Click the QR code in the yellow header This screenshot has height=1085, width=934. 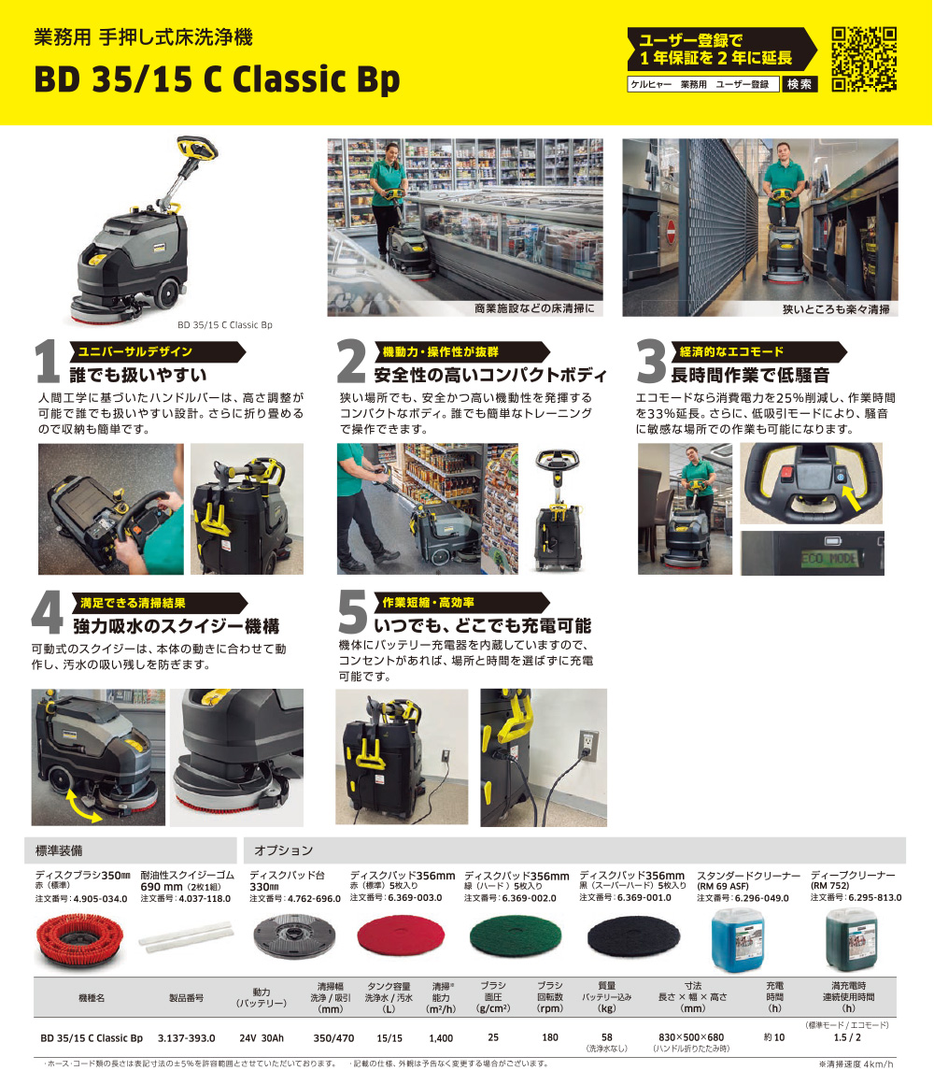[x=864, y=59]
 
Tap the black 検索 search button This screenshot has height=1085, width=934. [x=800, y=84]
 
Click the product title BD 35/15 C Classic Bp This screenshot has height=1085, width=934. [x=217, y=79]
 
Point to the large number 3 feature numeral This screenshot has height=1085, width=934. [x=651, y=362]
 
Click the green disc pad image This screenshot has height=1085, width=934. [x=515, y=937]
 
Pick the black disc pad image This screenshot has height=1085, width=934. [x=633, y=937]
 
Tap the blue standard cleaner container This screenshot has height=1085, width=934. [x=740, y=940]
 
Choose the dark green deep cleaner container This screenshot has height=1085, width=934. [x=852, y=940]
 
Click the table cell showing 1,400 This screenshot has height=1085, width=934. [x=441, y=1038]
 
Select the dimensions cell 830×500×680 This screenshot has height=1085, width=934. [x=690, y=1037]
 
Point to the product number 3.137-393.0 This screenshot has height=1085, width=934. [x=186, y=1038]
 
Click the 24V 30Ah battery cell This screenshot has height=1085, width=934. [x=262, y=1038]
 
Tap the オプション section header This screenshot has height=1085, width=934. [x=283, y=850]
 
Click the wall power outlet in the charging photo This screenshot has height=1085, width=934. [x=588, y=745]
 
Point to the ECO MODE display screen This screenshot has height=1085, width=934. [x=829, y=559]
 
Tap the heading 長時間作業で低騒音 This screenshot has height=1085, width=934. [x=750, y=375]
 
